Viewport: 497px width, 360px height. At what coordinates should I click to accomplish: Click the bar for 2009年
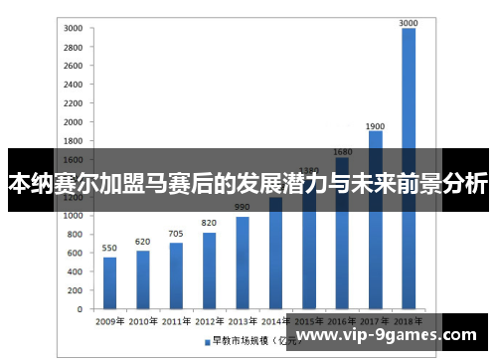pos(110,283)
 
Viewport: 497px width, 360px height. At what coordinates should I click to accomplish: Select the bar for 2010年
pos(143,280)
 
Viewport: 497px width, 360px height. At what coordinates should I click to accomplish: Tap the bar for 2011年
pos(176,276)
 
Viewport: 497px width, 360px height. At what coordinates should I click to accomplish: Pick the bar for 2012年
pos(209,270)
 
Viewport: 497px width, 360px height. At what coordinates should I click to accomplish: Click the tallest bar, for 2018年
pos(408,169)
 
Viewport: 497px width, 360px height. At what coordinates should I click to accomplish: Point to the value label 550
pos(110,248)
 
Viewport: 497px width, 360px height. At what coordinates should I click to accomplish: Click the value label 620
pos(143,242)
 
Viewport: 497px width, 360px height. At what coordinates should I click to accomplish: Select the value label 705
pos(176,234)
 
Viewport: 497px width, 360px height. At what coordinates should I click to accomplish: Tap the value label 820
pos(209,223)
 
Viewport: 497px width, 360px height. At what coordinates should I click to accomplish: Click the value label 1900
pos(375,125)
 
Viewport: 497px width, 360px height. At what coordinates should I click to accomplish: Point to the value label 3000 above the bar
pos(408,22)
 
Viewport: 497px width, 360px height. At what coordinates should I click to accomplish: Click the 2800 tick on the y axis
pos(74,47)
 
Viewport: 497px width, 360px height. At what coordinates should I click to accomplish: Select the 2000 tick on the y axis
pos(74,121)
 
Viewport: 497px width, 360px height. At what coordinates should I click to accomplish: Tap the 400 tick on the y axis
pos(77,271)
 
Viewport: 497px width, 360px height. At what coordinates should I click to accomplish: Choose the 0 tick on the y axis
pos(81,309)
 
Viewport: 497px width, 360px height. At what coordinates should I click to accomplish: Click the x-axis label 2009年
pos(109,322)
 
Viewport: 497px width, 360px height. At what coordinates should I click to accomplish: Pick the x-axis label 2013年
pos(242,322)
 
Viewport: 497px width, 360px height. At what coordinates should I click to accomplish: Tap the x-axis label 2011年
pos(176,322)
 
